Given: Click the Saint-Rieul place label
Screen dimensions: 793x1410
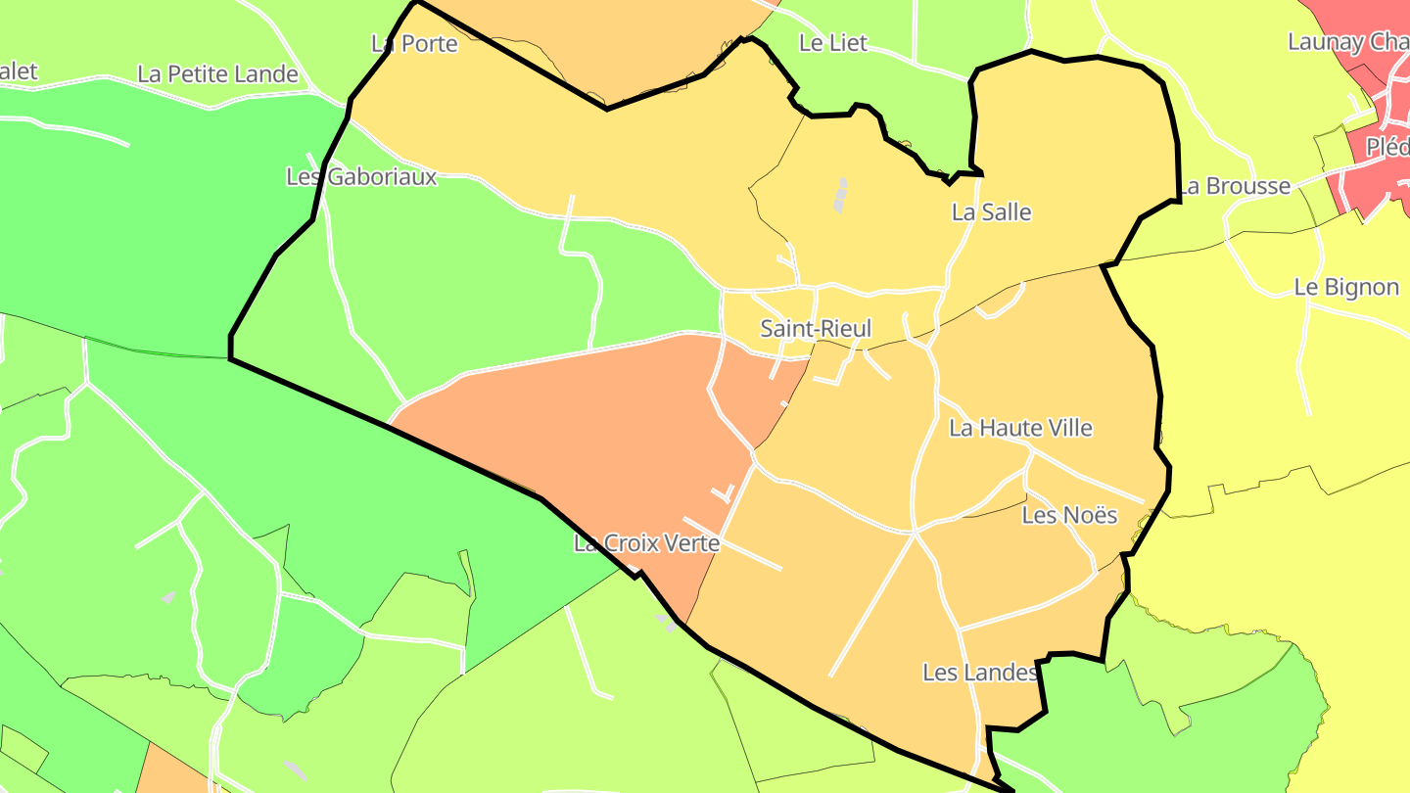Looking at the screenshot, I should pyautogui.click(x=816, y=329).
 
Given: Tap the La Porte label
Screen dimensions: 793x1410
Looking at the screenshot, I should pyautogui.click(x=414, y=44).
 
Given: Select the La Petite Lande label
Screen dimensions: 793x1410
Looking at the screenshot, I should pyautogui.click(x=217, y=74).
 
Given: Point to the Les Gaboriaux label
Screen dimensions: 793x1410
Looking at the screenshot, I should pyautogui.click(x=361, y=177).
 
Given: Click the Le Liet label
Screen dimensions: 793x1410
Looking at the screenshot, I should pyautogui.click(x=833, y=43).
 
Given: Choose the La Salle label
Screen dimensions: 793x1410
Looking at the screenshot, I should pyautogui.click(x=991, y=212).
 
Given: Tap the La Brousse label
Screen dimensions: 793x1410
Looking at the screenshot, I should pyautogui.click(x=1234, y=186).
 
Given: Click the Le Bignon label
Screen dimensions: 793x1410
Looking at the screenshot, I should pyautogui.click(x=1346, y=288).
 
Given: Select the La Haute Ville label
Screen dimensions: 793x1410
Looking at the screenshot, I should pyautogui.click(x=1020, y=428).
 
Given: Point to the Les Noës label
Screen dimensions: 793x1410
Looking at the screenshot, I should pyautogui.click(x=1069, y=515).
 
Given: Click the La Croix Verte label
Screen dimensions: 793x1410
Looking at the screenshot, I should pyautogui.click(x=646, y=543).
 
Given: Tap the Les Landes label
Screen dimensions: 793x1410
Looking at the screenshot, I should pyautogui.click(x=979, y=673).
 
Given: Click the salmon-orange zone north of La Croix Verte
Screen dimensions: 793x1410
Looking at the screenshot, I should pyautogui.click(x=587, y=431).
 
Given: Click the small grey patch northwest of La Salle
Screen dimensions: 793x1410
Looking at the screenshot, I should pyautogui.click(x=840, y=195).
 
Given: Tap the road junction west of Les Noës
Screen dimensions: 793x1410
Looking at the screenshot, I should pyautogui.click(x=915, y=533).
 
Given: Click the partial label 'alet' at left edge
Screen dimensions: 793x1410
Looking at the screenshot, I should pyautogui.click(x=19, y=71).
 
